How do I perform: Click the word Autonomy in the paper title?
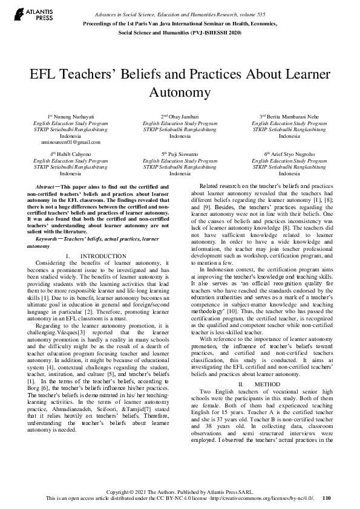pyautogui.click(x=180, y=93)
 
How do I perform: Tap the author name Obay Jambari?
pyautogui.click(x=180, y=116)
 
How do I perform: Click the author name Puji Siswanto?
pyautogui.click(x=180, y=154)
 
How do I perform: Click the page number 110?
pyautogui.click(x=327, y=498)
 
